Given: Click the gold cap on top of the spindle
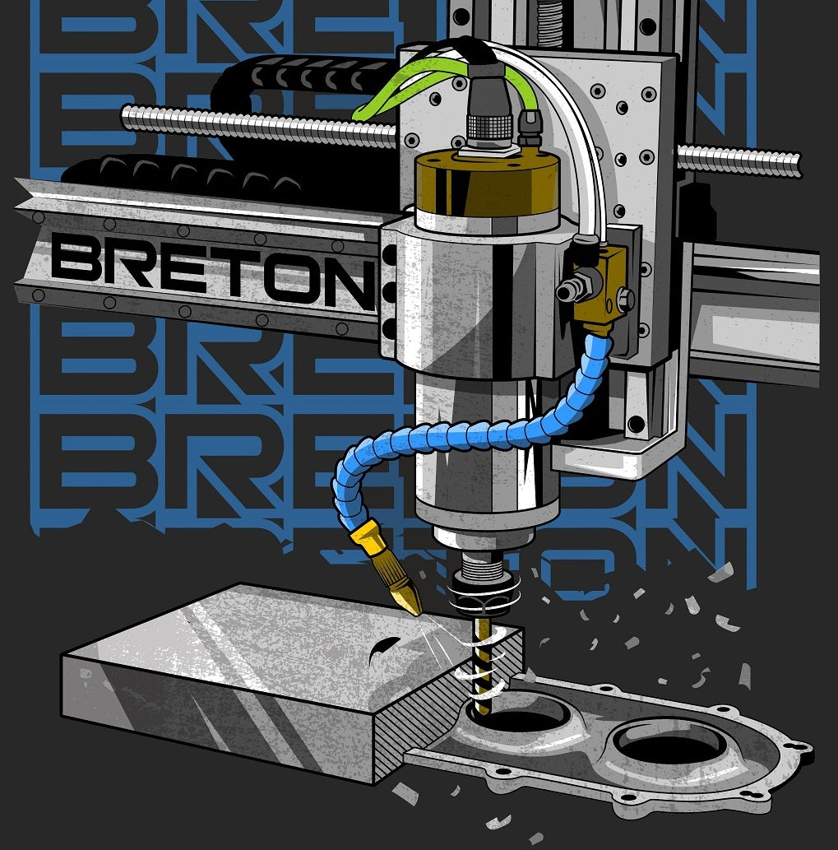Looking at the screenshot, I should tap(487, 181).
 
